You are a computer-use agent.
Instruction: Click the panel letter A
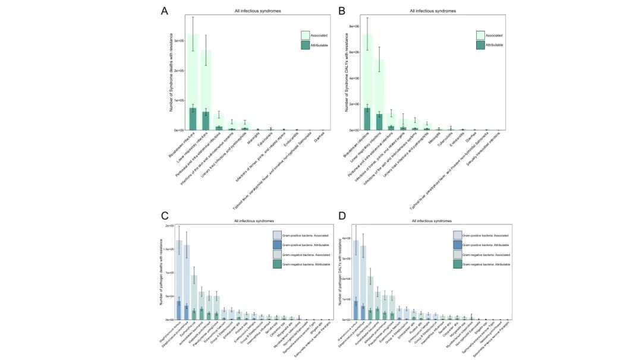(x=165, y=11)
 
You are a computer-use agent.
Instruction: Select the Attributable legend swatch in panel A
(x=305, y=45)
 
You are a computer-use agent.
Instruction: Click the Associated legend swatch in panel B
(x=480, y=35)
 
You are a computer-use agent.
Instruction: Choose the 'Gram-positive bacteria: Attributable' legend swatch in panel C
(x=277, y=244)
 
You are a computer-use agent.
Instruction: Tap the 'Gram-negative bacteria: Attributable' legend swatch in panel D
(x=457, y=263)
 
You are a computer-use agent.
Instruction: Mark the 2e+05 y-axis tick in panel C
(x=168, y=226)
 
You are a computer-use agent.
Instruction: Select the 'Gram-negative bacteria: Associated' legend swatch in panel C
(x=277, y=254)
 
